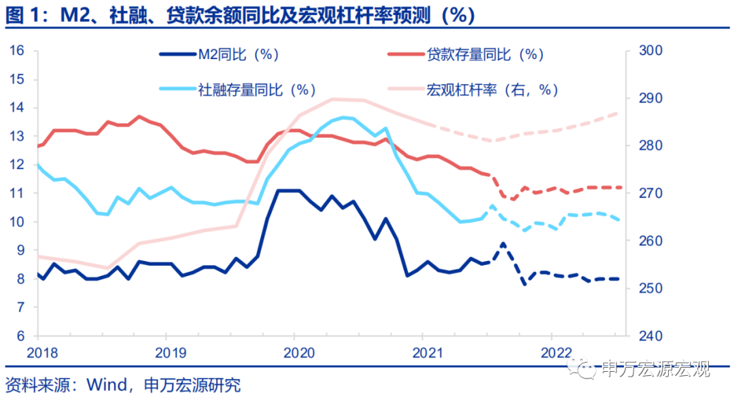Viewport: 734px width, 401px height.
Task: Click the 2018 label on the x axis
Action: click(37, 352)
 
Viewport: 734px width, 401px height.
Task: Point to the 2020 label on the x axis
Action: click(294, 352)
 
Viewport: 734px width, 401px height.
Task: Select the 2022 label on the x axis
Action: click(551, 352)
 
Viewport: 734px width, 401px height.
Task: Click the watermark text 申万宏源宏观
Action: click(656, 369)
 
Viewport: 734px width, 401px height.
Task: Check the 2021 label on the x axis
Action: click(423, 352)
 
